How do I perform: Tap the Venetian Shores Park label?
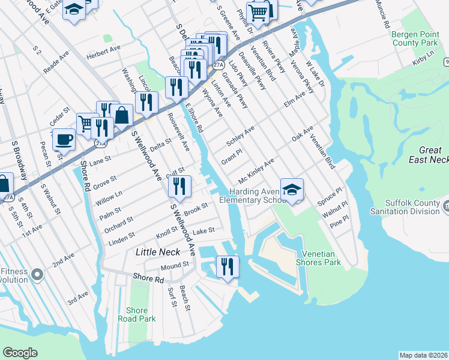322,258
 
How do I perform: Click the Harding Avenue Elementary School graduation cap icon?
292,190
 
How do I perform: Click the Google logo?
20,352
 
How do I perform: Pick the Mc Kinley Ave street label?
256,172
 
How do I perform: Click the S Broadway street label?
19,161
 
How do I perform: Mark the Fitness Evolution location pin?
37,275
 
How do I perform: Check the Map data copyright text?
423,355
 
